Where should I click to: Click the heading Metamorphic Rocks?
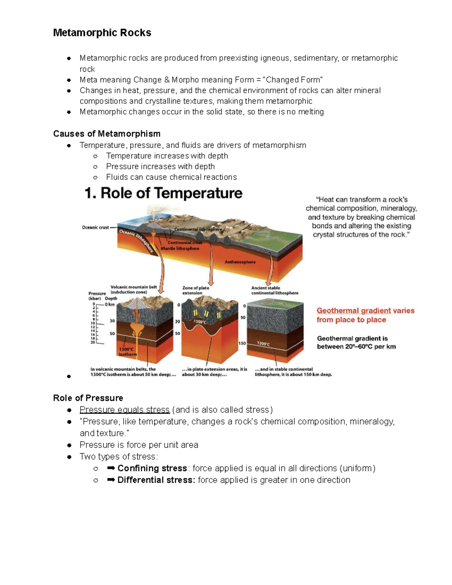pyautogui.click(x=102, y=33)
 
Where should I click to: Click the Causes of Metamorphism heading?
pyautogui.click(x=107, y=134)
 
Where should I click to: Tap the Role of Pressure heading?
pyautogui.click(x=88, y=398)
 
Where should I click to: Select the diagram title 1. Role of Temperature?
pyautogui.click(x=163, y=193)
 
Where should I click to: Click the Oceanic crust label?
pyautogui.click(x=95, y=228)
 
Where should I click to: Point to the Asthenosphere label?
pyautogui.click(x=240, y=262)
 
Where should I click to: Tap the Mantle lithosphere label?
pyautogui.click(x=180, y=249)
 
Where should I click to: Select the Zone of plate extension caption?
pyautogui.click(x=195, y=290)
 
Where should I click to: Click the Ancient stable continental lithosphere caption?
pyautogui.click(x=275, y=290)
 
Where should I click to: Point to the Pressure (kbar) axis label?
pyautogui.click(x=97, y=296)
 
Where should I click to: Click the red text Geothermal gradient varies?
pyautogui.click(x=365, y=311)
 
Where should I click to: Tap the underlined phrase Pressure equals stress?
pyautogui.click(x=125, y=410)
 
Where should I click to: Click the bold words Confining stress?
pyautogui.click(x=152, y=468)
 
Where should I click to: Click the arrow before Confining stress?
pyautogui.click(x=111, y=468)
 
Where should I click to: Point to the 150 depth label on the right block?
pyautogui.click(x=242, y=344)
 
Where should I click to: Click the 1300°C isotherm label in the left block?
pyautogui.click(x=128, y=352)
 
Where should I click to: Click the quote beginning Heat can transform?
pyautogui.click(x=361, y=217)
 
